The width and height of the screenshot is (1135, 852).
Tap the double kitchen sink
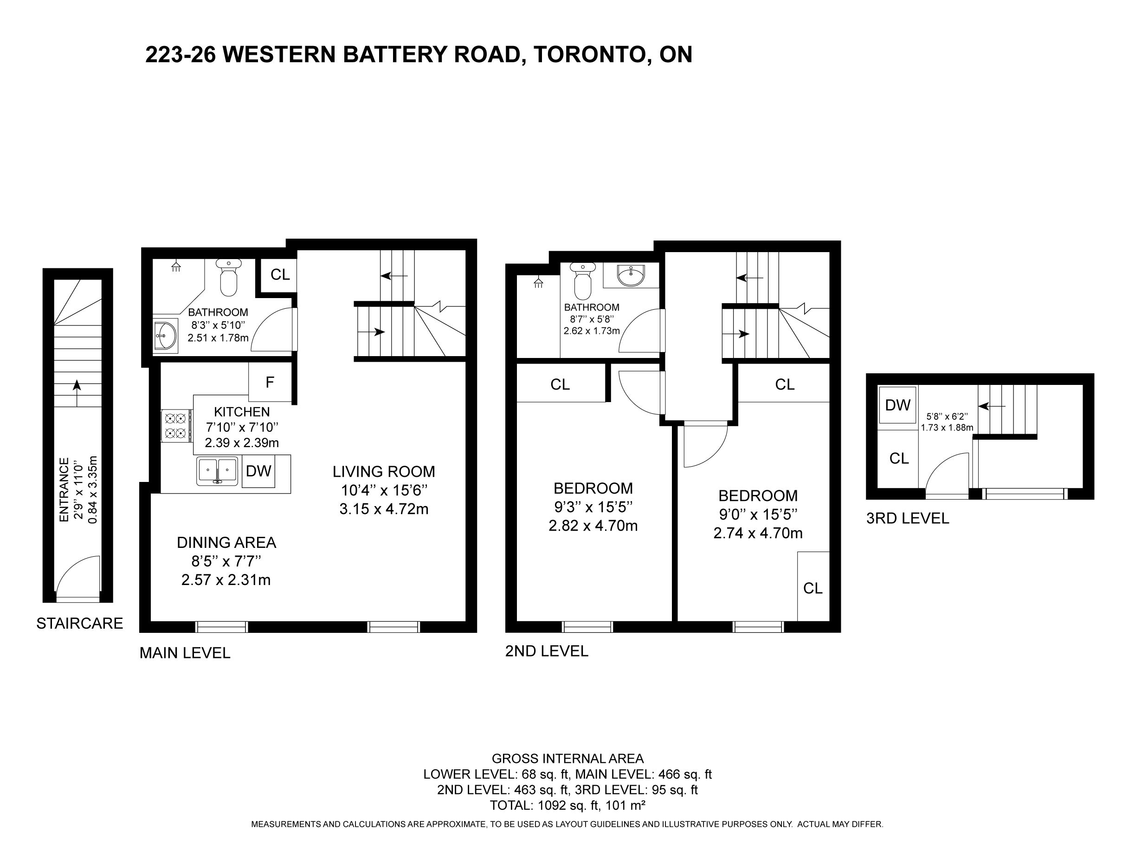218,471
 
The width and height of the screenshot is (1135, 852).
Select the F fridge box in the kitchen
270,382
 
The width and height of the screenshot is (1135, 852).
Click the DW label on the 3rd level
898,405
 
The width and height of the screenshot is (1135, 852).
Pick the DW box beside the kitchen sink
258,471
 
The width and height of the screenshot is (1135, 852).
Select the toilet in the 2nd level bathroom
583,281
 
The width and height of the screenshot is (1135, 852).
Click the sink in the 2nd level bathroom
631,275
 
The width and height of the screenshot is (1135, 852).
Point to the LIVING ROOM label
383,471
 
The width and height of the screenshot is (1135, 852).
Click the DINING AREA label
226,542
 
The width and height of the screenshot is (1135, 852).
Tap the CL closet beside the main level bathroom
280,275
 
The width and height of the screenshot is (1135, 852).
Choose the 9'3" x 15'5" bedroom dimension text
593,507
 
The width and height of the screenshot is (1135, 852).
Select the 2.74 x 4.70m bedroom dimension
758,533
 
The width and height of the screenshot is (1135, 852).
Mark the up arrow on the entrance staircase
77,393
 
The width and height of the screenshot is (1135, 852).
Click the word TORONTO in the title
589,54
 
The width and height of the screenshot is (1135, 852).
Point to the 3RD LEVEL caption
907,519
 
